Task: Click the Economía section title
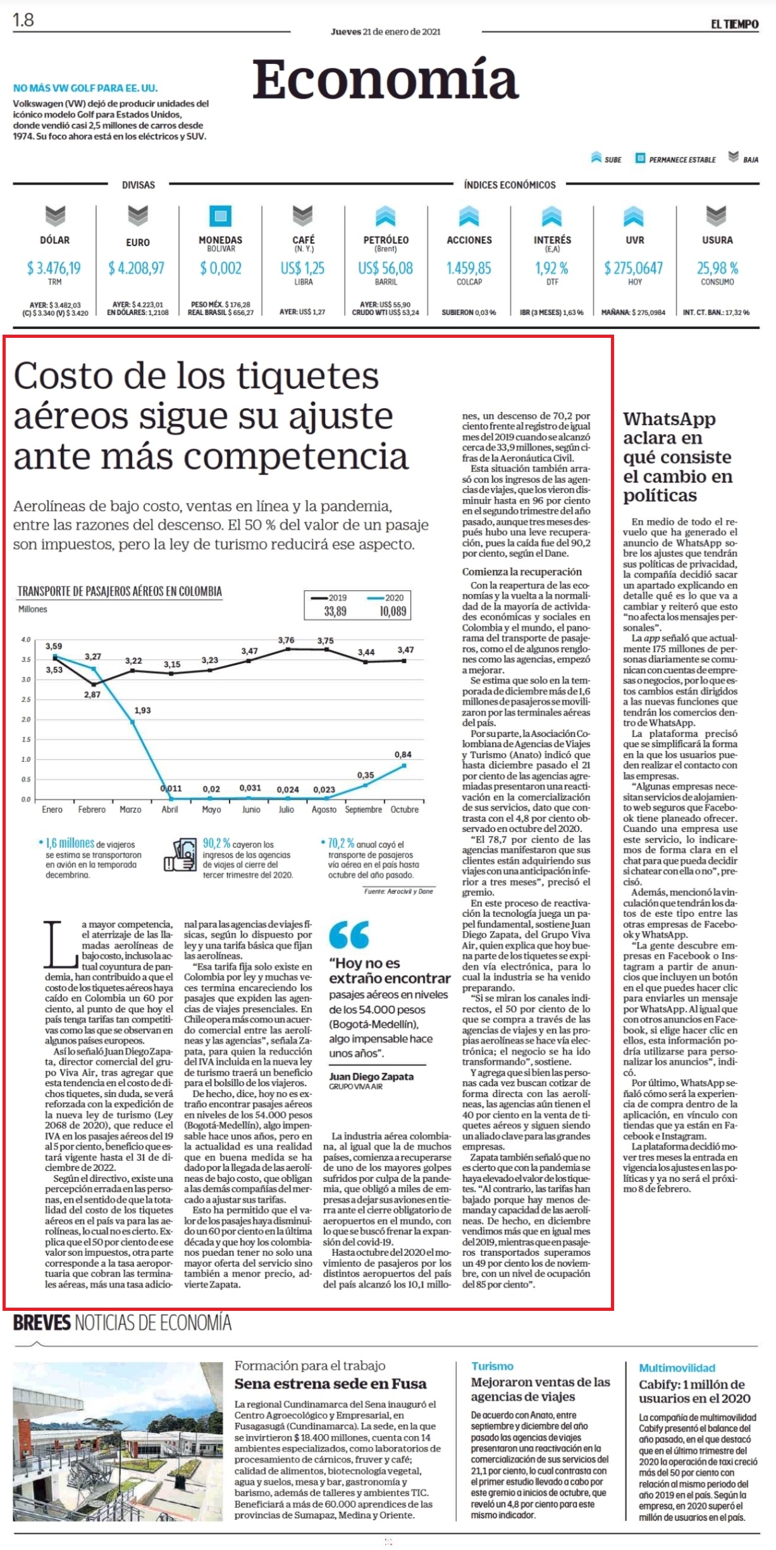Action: pyautogui.click(x=385, y=79)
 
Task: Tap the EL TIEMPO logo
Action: pyautogui.click(x=734, y=24)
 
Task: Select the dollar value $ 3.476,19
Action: pyautogui.click(x=54, y=268)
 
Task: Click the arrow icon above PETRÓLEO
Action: pyautogui.click(x=385, y=216)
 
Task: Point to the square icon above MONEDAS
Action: pyautogui.click(x=220, y=216)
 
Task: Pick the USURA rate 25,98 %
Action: pyautogui.click(x=717, y=268)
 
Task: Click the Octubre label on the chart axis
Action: pyautogui.click(x=404, y=809)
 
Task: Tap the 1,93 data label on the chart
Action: pyautogui.click(x=143, y=710)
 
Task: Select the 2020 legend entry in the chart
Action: pyautogui.click(x=386, y=597)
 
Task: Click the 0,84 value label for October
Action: pyautogui.click(x=403, y=754)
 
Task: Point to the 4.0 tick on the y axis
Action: pyautogui.click(x=25, y=640)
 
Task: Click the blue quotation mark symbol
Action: pyautogui.click(x=348, y=934)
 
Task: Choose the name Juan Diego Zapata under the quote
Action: pyautogui.click(x=371, y=1076)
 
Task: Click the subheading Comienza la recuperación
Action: pyautogui.click(x=522, y=571)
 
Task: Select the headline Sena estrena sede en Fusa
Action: pyautogui.click(x=331, y=1383)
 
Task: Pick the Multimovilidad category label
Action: pyautogui.click(x=677, y=1367)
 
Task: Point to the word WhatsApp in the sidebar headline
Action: pyautogui.click(x=669, y=419)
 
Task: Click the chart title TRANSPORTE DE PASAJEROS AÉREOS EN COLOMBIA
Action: pyautogui.click(x=120, y=592)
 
